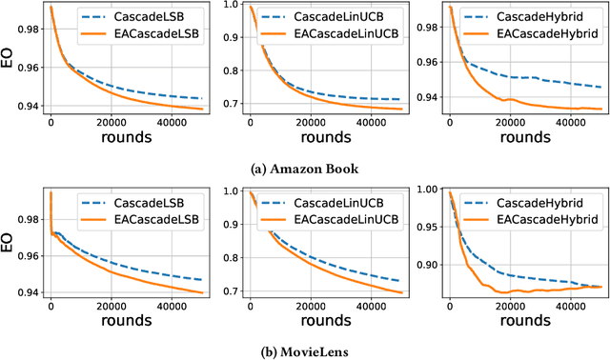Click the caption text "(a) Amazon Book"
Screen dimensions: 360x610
tap(304, 170)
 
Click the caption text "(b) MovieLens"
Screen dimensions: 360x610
tap(304, 351)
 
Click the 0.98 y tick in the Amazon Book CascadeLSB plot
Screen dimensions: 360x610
tap(31, 29)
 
